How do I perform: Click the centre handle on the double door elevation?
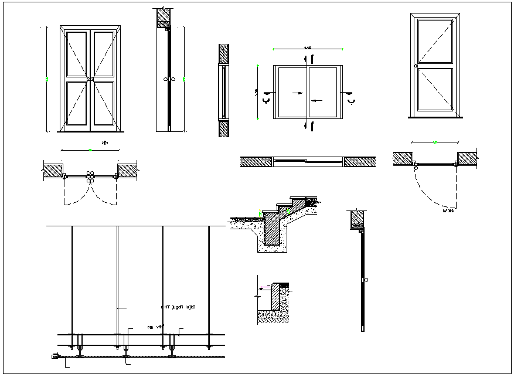[x=90, y=79]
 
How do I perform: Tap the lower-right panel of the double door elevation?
[x=103, y=104]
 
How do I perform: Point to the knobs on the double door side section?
[x=169, y=79]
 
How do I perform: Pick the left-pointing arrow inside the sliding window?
[x=316, y=100]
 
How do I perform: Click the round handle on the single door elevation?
[x=416, y=66]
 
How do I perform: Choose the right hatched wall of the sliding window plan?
[x=359, y=162]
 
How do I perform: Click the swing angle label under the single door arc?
[x=449, y=209]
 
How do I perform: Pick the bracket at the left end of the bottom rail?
[x=56, y=356]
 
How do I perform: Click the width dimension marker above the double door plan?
[x=90, y=150]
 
